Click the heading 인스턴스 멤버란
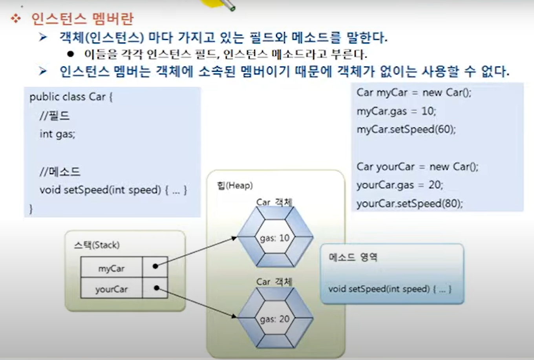[x=82, y=19]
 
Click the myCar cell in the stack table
[x=111, y=269]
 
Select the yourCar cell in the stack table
[x=111, y=289]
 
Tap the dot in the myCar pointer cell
[x=155, y=266]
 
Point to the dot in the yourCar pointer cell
[x=156, y=288]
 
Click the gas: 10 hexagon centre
[x=274, y=238]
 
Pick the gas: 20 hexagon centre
[x=274, y=319]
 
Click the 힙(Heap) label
[x=235, y=185]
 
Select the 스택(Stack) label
[x=97, y=245]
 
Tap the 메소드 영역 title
[x=353, y=257]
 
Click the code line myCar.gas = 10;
[x=396, y=111]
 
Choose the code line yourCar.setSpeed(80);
[x=410, y=203]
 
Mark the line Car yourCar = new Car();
[x=417, y=167]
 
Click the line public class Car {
[x=71, y=97]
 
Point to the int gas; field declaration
[x=57, y=134]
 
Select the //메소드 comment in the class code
[x=60, y=172]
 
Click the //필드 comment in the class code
[x=55, y=116]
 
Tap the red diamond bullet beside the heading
[x=16, y=18]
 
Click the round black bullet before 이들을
[x=71, y=54]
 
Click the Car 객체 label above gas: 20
[x=274, y=282]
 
